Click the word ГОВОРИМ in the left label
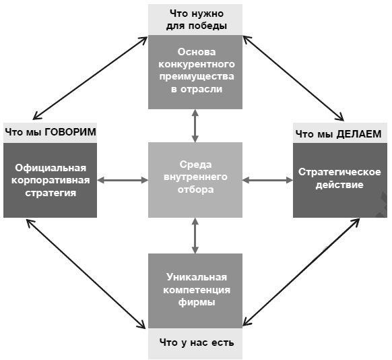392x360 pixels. pos(71,132)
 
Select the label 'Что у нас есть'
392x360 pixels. pos(196,343)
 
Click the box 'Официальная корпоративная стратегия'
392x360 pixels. pos(51,179)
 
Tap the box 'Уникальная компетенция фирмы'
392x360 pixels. pos(195,290)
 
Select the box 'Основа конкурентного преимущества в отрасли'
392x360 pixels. pos(195,70)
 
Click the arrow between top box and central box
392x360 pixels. pos(195,125)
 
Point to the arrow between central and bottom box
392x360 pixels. pos(195,233)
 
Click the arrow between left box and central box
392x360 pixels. pos(123,180)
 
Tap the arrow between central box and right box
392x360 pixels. pos(267,180)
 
